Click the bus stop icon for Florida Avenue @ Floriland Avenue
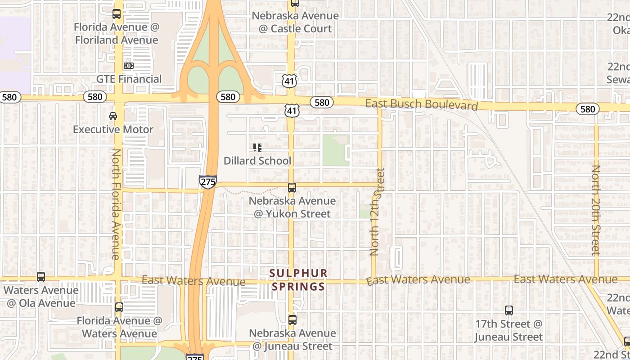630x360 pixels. click(117, 14)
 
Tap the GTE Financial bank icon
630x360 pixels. click(128, 66)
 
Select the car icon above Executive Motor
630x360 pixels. click(113, 116)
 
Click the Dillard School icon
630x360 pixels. click(257, 148)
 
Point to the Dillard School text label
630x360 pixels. click(257, 161)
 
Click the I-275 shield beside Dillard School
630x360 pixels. click(207, 182)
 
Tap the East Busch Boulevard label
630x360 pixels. click(421, 104)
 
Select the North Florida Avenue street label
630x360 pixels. click(116, 204)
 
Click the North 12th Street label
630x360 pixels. click(377, 211)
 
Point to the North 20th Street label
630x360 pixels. click(596, 210)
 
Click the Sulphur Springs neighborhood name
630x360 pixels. click(298, 280)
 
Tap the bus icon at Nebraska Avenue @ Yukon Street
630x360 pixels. click(292, 188)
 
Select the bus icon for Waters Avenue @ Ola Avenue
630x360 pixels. click(41, 277)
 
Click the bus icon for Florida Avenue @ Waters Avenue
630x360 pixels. click(119, 307)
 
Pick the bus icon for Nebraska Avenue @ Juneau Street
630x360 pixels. click(292, 320)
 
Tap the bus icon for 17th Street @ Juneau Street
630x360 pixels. click(508, 310)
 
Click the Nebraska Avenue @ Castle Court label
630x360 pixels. click(295, 22)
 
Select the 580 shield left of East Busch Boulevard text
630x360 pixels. click(322, 103)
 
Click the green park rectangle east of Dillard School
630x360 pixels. click(336, 150)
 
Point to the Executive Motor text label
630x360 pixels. click(113, 130)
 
